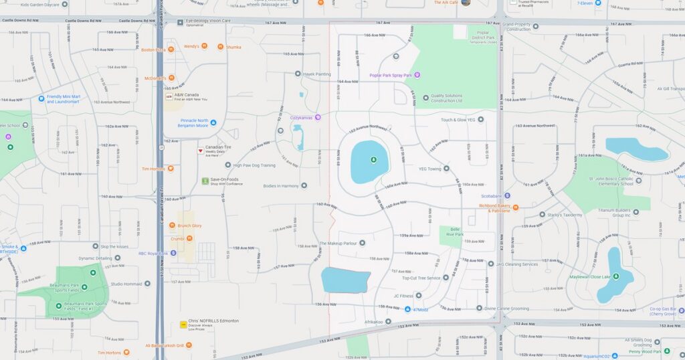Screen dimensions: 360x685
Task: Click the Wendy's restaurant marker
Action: tap(203, 46)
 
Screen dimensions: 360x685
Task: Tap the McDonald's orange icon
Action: tap(170, 78)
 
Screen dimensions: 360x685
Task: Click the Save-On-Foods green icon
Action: tap(205, 181)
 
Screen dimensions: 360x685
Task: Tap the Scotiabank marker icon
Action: tap(507, 195)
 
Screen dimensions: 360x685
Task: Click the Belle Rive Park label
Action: tap(455, 232)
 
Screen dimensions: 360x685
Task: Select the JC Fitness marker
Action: tap(419, 295)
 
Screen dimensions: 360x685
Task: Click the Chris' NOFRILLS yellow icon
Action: tap(183, 324)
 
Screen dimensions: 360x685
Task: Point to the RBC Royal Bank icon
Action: tap(173, 253)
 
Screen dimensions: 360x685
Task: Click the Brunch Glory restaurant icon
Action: tap(172, 226)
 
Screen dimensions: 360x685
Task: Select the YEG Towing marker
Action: tap(447, 169)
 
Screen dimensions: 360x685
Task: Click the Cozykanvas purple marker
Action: tap(318, 118)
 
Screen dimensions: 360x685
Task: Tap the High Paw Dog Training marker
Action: tap(228, 165)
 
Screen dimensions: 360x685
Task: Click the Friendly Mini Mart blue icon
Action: tap(41, 98)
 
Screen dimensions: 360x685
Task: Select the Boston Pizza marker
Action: tap(170, 50)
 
